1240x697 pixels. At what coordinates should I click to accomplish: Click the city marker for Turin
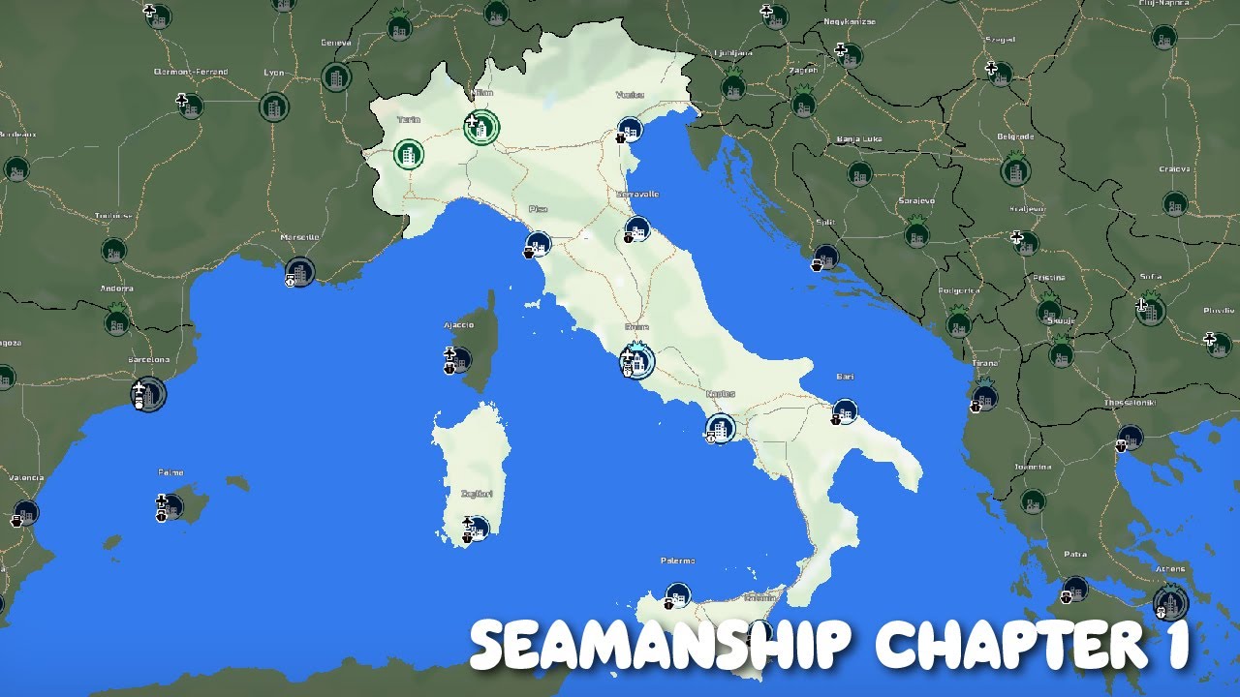click(x=409, y=154)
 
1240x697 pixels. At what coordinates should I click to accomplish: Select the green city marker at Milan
click(x=481, y=127)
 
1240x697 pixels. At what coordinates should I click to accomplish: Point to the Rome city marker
click(x=637, y=361)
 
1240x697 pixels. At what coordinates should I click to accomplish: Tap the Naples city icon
click(x=721, y=427)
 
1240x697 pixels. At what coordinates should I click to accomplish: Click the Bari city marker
click(x=845, y=411)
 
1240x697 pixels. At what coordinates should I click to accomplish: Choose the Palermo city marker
click(x=678, y=594)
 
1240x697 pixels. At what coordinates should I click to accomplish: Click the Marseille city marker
click(x=299, y=272)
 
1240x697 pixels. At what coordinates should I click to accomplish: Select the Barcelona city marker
click(x=149, y=394)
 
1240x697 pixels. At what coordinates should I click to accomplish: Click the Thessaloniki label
click(x=1130, y=404)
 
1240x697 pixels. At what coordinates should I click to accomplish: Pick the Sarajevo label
click(x=915, y=200)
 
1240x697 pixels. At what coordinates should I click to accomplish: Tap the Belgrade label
click(x=1015, y=136)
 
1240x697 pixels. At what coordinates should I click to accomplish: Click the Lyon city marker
click(x=274, y=106)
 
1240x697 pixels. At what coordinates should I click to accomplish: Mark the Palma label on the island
click(x=170, y=473)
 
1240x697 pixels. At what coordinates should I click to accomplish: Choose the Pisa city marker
click(x=539, y=244)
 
